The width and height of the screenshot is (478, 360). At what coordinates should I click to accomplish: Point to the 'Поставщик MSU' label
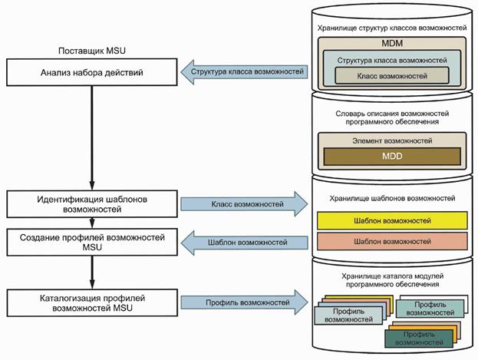coord(91,50)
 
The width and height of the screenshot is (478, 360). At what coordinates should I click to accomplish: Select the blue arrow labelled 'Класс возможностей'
coord(244,205)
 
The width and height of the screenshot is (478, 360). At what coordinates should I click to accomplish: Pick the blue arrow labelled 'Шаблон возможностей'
coord(244,243)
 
